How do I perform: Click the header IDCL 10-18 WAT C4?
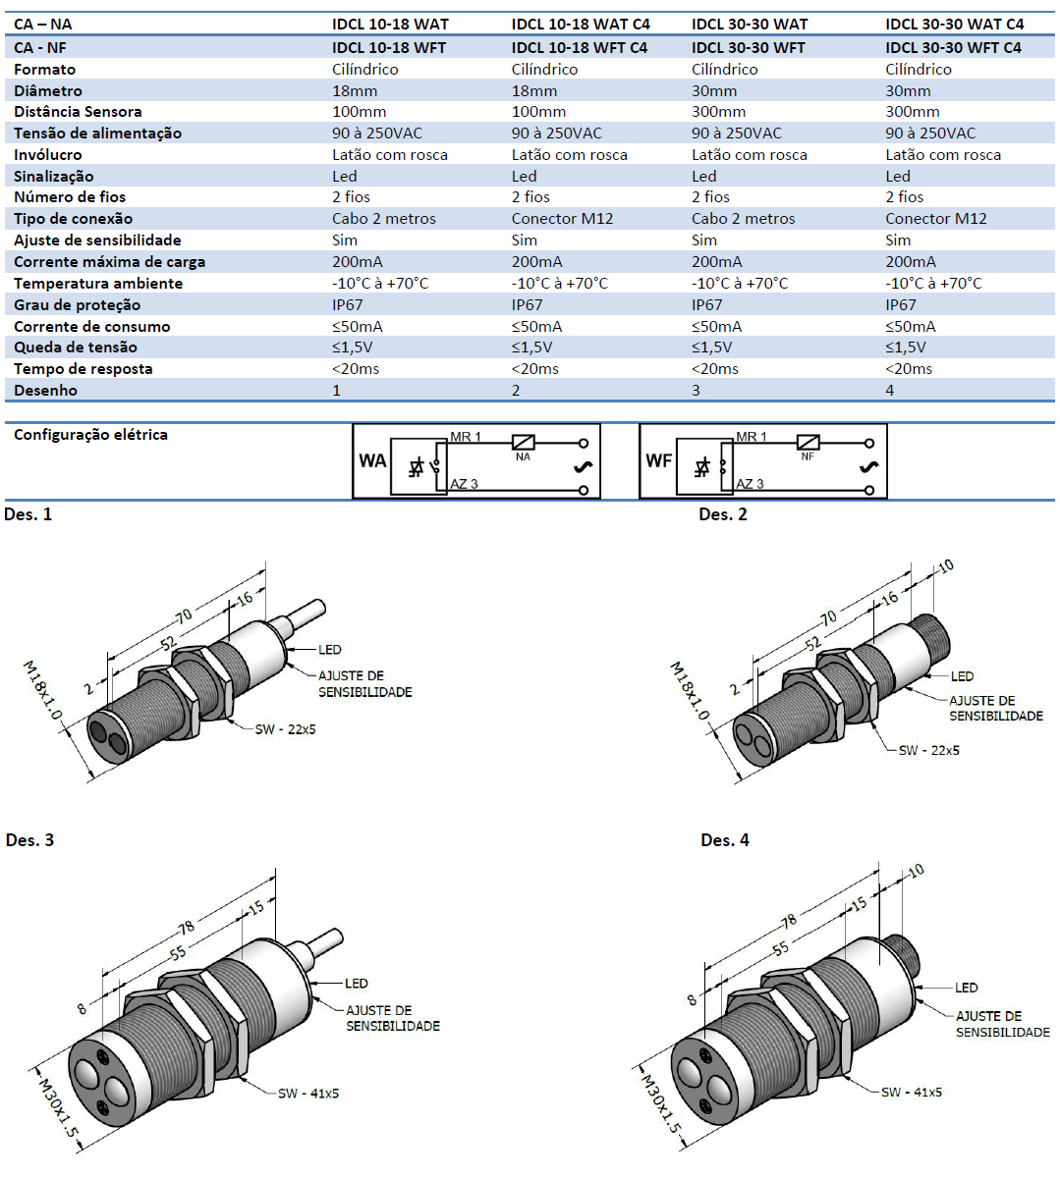click(x=581, y=24)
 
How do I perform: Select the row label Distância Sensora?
click(x=78, y=112)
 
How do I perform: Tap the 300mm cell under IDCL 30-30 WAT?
click(x=718, y=112)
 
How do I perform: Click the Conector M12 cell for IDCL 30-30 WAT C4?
click(x=935, y=219)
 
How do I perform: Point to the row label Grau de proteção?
click(x=77, y=305)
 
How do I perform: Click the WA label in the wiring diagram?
click(x=372, y=460)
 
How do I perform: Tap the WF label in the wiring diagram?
click(x=658, y=460)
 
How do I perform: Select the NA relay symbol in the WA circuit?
click(x=523, y=444)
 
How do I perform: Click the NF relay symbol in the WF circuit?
click(x=808, y=444)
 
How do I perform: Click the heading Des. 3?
click(x=29, y=840)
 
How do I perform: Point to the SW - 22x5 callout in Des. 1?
click(x=285, y=729)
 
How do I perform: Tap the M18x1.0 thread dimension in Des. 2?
click(x=689, y=691)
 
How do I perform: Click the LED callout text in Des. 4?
click(x=966, y=988)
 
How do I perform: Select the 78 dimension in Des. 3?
click(x=186, y=928)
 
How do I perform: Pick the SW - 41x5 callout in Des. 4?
click(x=911, y=1092)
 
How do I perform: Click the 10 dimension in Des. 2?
click(x=945, y=566)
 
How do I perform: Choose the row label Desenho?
click(x=45, y=391)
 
